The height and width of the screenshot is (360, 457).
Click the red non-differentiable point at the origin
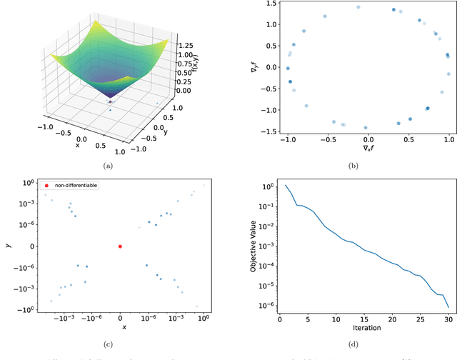pos(120,246)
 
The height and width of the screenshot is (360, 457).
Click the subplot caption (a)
pos(107,166)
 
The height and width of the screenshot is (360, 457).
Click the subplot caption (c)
pos(107,344)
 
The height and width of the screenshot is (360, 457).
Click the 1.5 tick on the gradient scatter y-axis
pos(271,4)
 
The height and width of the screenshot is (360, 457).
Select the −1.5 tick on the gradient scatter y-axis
pos(268,132)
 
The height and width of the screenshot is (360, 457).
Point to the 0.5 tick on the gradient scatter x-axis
pos(408,141)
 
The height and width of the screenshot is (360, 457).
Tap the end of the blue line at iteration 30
pos(448,307)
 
